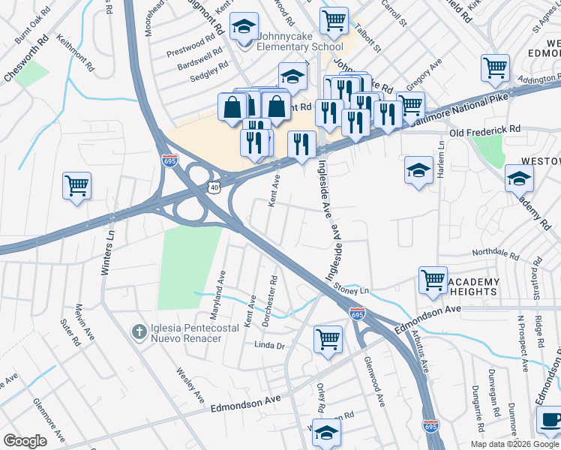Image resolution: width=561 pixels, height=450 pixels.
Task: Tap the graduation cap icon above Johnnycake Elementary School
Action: tap(244, 27)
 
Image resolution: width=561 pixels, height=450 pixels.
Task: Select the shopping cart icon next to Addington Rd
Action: tap(495, 68)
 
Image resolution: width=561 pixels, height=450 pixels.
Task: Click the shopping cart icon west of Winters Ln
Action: tap(76, 185)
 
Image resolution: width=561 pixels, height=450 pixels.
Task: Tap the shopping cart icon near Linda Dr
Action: tap(328, 339)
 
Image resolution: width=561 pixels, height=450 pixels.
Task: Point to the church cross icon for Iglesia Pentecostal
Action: tap(138, 331)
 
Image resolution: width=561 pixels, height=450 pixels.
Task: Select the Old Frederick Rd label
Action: tap(484, 130)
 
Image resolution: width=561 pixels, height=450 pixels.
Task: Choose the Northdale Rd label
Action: tap(495, 253)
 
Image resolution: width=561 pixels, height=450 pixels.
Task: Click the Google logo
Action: tap(25, 441)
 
